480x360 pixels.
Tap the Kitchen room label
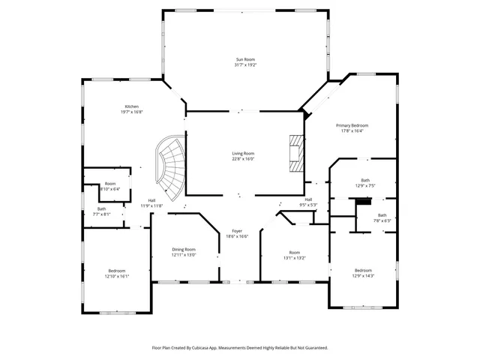[x=131, y=106]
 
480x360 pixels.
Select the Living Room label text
[x=243, y=153]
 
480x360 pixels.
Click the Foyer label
[x=238, y=231]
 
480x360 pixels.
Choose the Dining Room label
[x=184, y=249]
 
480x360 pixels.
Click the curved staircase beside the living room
[x=169, y=166]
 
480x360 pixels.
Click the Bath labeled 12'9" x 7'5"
[x=365, y=180]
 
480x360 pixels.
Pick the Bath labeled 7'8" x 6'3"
[x=382, y=215]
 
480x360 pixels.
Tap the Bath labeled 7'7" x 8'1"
[x=101, y=209]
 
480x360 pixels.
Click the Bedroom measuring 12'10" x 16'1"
[x=116, y=271]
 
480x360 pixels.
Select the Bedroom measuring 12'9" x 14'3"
[x=363, y=270]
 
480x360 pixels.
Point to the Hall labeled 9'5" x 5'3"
[x=308, y=199]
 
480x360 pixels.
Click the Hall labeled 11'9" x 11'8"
[x=151, y=200]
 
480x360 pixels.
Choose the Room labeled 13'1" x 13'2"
[x=295, y=253]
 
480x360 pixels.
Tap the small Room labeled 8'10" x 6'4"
[x=110, y=184]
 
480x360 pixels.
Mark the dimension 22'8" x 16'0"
[x=243, y=159]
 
